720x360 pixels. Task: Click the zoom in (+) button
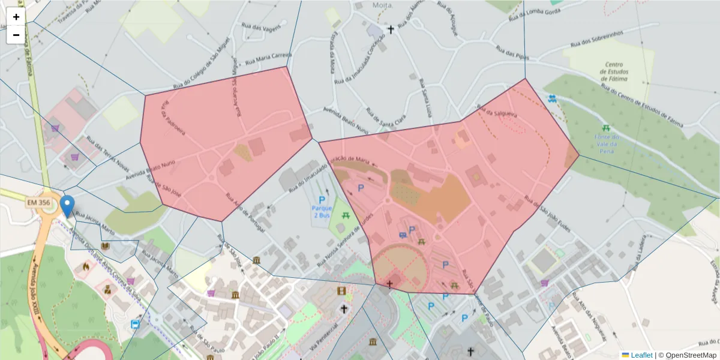(x=16, y=17)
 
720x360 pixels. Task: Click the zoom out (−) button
(x=16, y=35)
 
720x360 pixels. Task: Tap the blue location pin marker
(x=68, y=206)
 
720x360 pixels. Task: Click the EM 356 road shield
(x=39, y=203)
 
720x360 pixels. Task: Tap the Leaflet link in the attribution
(x=641, y=355)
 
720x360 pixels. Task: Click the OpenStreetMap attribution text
(x=691, y=355)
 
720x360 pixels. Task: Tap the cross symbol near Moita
(x=391, y=29)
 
